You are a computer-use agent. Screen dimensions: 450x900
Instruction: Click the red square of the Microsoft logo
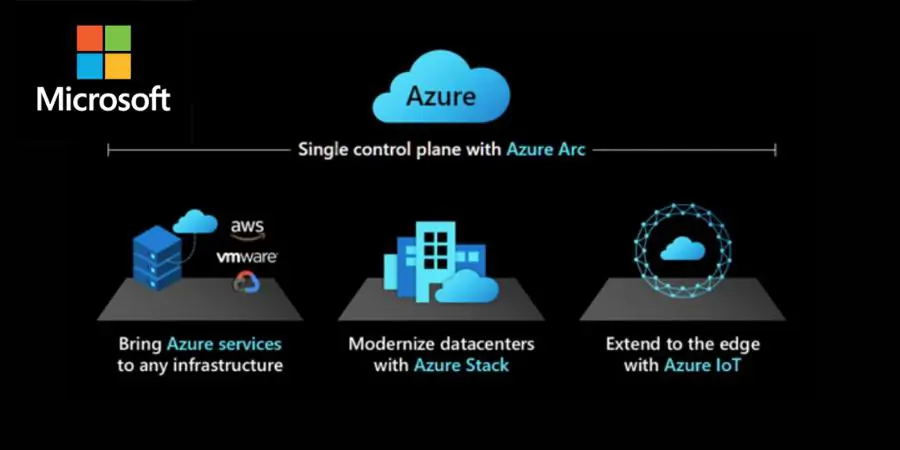90,38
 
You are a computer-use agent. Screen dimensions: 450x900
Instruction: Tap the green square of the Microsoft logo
118,38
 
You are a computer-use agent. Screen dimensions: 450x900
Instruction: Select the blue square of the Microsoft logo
90,66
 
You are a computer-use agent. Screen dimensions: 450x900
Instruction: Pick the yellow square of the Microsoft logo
118,66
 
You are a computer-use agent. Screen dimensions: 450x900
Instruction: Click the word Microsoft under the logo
104,98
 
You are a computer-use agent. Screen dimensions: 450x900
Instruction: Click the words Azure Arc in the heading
546,150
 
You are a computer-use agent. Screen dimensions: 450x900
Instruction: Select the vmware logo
247,257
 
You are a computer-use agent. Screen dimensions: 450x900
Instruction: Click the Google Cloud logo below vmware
246,283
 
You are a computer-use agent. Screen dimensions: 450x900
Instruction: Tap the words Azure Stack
462,366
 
